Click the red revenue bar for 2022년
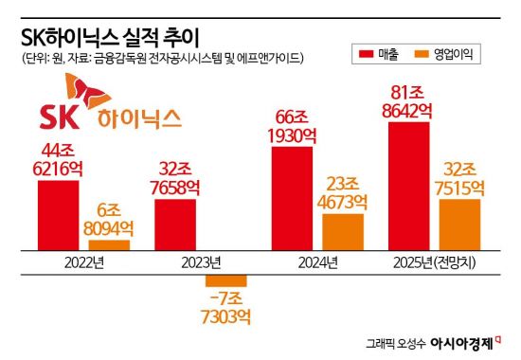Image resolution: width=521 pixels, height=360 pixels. pos(59,215)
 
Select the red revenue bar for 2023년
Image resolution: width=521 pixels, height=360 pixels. pos(175,225)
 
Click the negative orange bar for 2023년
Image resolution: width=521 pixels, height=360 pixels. pos(226,279)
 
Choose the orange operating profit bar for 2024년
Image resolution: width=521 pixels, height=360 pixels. pos(343,232)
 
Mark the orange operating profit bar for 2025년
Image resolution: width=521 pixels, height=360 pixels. pos(460,225)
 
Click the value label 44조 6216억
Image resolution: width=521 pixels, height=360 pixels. pos(59,158)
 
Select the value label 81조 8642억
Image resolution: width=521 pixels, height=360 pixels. pos(409,101)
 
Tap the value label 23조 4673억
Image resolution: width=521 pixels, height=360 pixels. pos(343,191)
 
